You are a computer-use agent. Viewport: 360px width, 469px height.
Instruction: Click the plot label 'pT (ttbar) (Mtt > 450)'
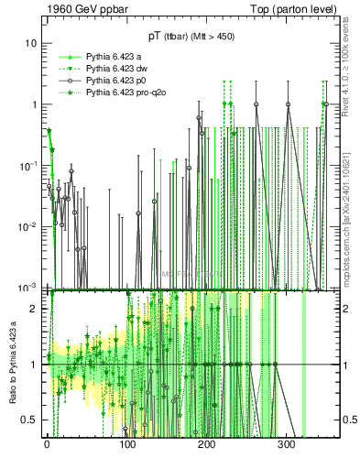click(196, 36)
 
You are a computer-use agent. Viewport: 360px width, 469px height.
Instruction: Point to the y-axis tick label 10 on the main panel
click(31, 43)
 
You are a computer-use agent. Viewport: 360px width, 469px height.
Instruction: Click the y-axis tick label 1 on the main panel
click(34, 104)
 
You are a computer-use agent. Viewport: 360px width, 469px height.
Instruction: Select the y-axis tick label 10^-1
click(29, 165)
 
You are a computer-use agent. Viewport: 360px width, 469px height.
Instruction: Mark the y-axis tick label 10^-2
click(29, 226)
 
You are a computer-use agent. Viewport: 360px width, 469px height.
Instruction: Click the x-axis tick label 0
click(47, 443)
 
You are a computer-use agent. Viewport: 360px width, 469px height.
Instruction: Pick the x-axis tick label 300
click(287, 443)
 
